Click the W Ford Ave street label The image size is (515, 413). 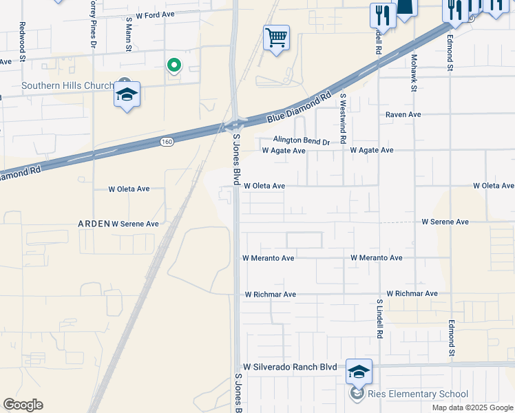tap(156, 14)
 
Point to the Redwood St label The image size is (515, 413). tap(22, 42)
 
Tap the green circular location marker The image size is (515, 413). tap(174, 65)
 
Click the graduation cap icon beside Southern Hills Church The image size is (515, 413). tap(127, 94)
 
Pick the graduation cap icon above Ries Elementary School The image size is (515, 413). tap(359, 372)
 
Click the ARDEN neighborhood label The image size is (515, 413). tap(93, 224)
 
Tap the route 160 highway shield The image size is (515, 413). tap(166, 142)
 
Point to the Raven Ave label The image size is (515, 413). tap(403, 114)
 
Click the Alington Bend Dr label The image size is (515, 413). tap(302, 140)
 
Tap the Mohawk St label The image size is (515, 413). tap(414, 73)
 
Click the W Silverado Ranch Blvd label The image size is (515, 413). tap(291, 368)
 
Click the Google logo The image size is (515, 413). tap(23, 405)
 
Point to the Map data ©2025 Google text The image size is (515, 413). tap(472, 407)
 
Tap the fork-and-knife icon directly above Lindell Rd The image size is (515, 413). tap(382, 14)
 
